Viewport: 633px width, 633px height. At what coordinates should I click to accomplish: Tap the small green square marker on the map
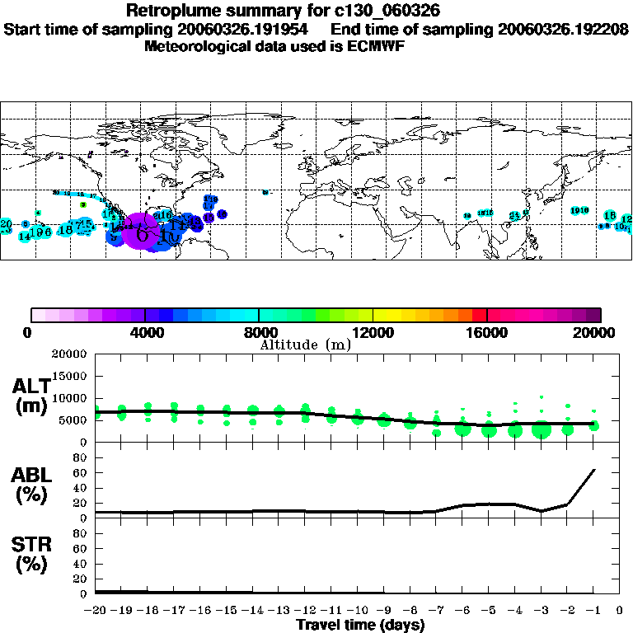pyautogui.click(x=83, y=204)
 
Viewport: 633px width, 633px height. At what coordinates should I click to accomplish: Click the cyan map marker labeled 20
pyautogui.click(x=7, y=224)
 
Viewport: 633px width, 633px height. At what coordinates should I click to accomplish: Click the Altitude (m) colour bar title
pyautogui.click(x=306, y=345)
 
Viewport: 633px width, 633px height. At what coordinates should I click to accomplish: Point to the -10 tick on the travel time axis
pyautogui.click(x=358, y=611)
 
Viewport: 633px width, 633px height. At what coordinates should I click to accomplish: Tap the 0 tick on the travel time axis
pyautogui.click(x=620, y=611)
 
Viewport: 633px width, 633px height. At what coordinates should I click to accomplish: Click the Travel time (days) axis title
pyautogui.click(x=360, y=626)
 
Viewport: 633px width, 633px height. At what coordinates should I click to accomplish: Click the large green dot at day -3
pyautogui.click(x=542, y=429)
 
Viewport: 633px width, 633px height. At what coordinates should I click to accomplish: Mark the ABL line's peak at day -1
pyautogui.click(x=594, y=470)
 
